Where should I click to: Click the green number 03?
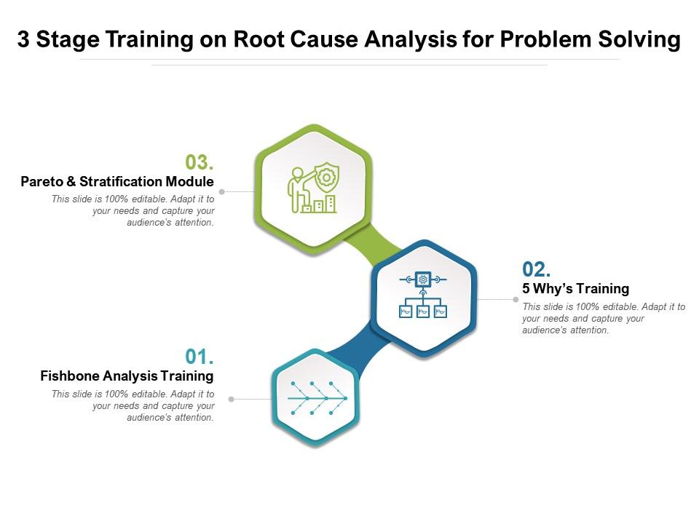tap(199, 162)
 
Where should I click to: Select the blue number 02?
tap(536, 269)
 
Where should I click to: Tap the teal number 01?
tap(199, 357)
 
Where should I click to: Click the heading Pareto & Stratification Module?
tap(117, 181)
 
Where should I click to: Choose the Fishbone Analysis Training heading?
tap(127, 376)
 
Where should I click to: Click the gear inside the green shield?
tap(326, 178)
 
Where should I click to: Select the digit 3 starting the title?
tap(23, 39)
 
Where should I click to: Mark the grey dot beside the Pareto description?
tap(222, 192)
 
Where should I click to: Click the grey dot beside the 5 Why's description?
tap(516, 299)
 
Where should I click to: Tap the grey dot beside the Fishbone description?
tap(232, 399)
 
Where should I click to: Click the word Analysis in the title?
tap(398, 39)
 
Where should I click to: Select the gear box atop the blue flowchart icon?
tap(423, 279)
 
